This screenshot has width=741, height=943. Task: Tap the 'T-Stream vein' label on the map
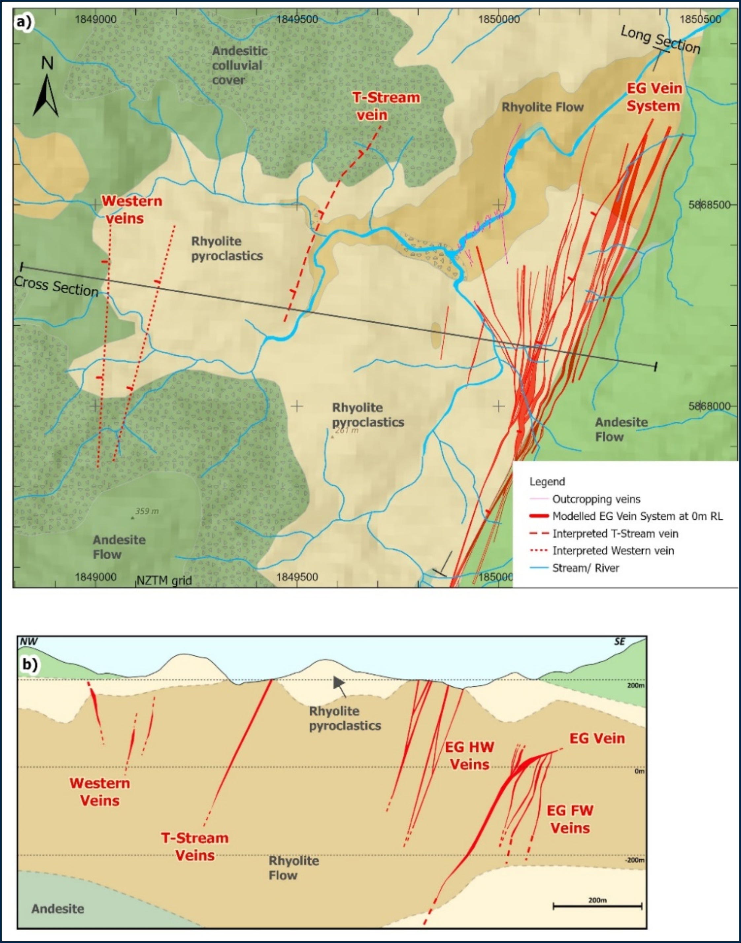click(385, 106)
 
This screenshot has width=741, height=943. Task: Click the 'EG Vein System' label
click(654, 97)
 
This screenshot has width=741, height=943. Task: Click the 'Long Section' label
click(660, 40)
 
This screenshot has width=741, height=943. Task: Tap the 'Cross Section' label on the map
click(56, 286)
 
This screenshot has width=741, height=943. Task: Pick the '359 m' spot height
click(147, 511)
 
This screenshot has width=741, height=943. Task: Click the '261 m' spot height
click(346, 431)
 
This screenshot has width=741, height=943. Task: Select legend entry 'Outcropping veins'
click(596, 499)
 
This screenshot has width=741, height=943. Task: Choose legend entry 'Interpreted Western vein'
click(613, 551)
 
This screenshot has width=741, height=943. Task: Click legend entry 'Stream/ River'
click(585, 568)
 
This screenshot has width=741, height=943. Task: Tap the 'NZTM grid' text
click(164, 580)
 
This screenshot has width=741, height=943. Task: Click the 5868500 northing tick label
click(709, 205)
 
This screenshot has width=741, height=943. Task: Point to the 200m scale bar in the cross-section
click(597, 906)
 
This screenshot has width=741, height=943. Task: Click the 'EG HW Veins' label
click(469, 755)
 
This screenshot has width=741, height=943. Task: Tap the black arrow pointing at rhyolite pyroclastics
click(340, 685)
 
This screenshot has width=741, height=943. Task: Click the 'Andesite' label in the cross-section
click(58, 909)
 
